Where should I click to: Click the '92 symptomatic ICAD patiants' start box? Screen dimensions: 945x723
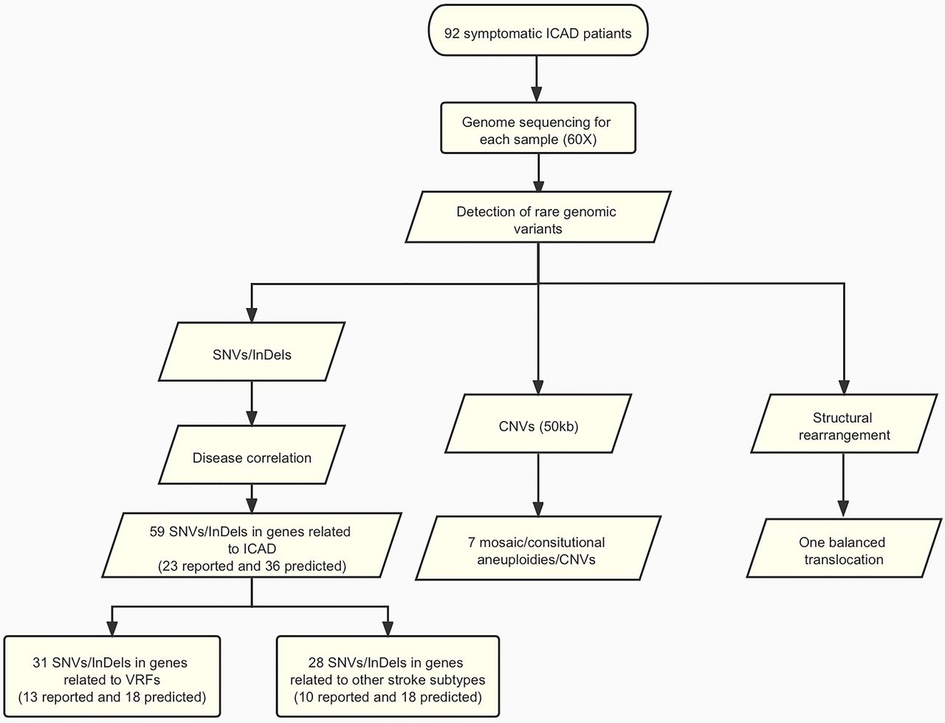click(x=538, y=30)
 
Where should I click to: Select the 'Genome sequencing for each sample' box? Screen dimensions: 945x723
click(x=538, y=128)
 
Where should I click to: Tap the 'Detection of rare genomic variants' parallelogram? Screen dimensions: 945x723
click(x=538, y=217)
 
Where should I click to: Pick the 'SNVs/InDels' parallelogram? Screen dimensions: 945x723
click(x=252, y=352)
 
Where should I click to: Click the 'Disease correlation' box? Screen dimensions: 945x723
click(x=252, y=455)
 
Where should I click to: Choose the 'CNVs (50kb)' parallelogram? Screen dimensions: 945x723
click(x=538, y=423)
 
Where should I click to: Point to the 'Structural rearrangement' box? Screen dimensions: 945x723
click(x=844, y=423)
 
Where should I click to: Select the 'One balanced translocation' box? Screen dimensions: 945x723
click(x=844, y=548)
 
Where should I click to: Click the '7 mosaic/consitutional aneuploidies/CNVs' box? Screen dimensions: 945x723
click(x=538, y=548)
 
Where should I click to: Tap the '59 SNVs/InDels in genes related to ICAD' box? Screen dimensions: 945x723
click(x=252, y=545)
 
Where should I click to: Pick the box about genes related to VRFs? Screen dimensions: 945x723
click(x=112, y=676)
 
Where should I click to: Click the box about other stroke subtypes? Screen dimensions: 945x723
click(x=388, y=676)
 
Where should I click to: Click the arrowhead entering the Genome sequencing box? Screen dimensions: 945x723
click(x=537, y=95)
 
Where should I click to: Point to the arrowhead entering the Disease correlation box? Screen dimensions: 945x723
click(x=252, y=418)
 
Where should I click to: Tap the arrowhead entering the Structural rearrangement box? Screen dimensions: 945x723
click(x=844, y=387)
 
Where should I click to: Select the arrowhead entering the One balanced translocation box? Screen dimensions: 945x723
click(x=843, y=509)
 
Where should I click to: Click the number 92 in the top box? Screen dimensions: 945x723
click(x=452, y=33)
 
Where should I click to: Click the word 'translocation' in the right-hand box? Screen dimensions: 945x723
click(x=844, y=559)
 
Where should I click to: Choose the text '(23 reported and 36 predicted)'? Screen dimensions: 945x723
click(x=252, y=566)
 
